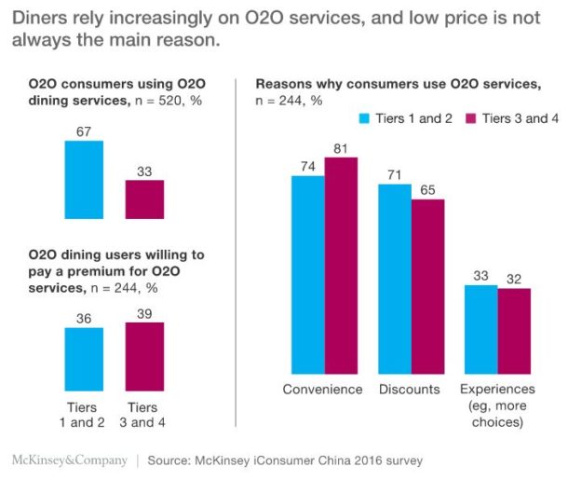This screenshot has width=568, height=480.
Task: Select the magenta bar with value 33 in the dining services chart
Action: point(144,199)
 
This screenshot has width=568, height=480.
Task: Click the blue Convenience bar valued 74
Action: point(308,274)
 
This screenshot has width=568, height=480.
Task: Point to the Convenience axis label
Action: point(323,390)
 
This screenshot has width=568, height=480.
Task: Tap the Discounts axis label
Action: point(411,390)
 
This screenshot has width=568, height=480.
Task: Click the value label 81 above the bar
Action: point(341,146)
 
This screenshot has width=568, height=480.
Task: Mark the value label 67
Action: point(84,131)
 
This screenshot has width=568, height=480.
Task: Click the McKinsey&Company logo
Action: point(63,460)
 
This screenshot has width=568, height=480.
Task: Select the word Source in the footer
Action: point(170,460)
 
